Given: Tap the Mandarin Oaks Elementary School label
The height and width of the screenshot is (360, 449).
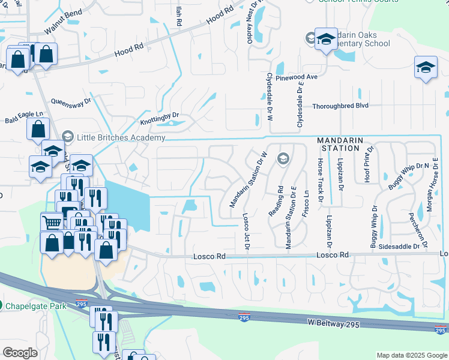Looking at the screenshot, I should click(355, 39).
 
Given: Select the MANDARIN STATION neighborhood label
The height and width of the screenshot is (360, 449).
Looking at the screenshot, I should click(340, 143).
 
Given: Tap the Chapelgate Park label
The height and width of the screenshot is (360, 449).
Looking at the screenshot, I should click(35, 305).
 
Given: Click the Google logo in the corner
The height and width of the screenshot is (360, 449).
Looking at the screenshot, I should click(19, 352).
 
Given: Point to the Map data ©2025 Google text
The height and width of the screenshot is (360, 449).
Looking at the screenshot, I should click(411, 355).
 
